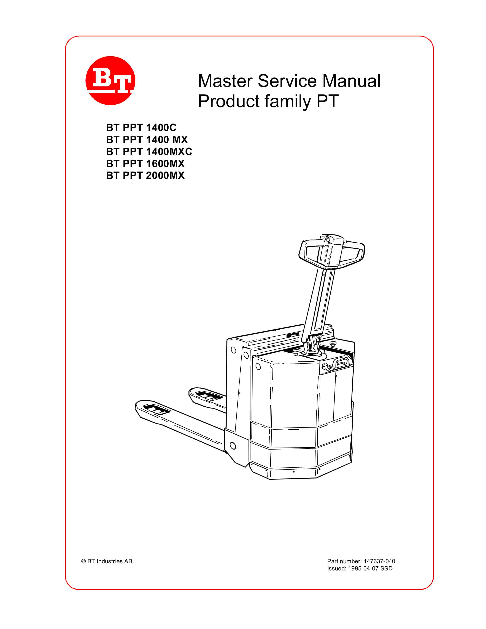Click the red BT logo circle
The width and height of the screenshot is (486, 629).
click(110, 81)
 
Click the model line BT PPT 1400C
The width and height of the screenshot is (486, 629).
click(141, 128)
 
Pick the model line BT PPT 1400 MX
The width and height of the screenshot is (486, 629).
click(147, 140)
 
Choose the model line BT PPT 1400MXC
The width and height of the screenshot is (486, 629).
click(149, 151)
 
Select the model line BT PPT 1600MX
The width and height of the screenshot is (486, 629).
click(145, 164)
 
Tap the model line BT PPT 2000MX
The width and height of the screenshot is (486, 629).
click(145, 175)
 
